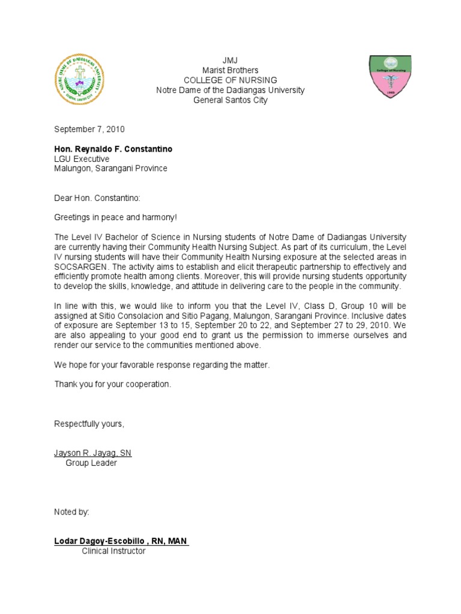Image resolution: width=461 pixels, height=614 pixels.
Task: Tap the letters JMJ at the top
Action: [x=230, y=61]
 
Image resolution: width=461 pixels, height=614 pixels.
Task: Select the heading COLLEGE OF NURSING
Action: [x=230, y=80]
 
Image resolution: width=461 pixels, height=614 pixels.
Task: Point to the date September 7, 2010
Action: [x=89, y=129]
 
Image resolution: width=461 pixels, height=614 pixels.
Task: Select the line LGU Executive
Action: [x=82, y=159]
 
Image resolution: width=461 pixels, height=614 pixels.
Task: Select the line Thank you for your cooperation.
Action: [x=113, y=384]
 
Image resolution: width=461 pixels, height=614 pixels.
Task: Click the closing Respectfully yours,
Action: [x=89, y=424]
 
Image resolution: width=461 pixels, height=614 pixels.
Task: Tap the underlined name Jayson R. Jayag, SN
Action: [x=93, y=453]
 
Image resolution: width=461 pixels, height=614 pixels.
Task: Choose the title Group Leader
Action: [x=91, y=463]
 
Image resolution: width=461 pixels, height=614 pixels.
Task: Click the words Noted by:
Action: [x=71, y=512]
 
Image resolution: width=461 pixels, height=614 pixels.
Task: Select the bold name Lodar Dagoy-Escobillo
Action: [x=102, y=541]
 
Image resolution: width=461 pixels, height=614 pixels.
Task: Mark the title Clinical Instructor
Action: [x=113, y=551]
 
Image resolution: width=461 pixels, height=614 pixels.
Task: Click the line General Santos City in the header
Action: [x=230, y=100]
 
